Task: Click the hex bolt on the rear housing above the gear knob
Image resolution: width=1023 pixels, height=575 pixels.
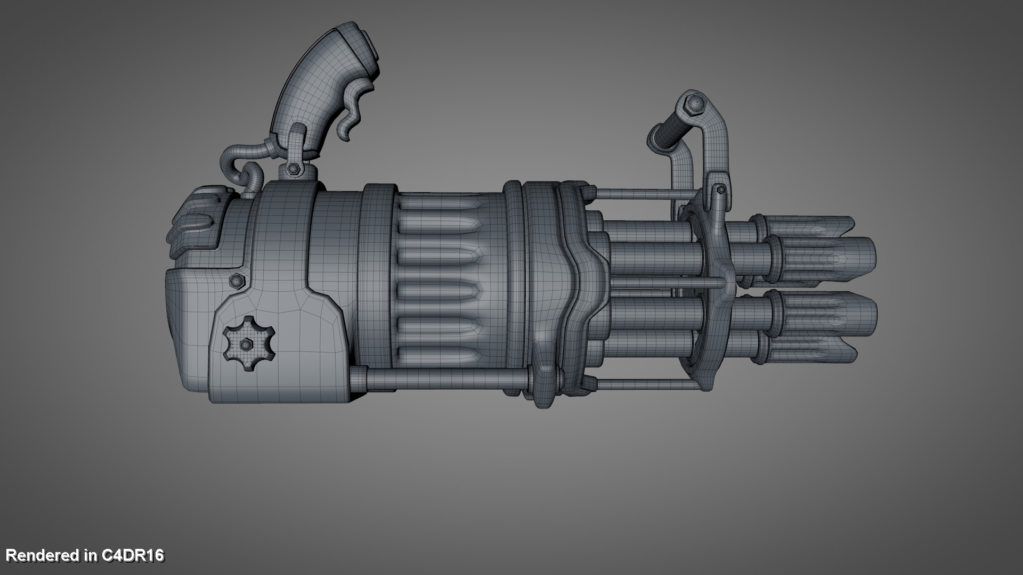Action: (236, 280)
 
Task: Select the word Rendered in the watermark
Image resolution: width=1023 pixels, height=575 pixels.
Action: (43, 555)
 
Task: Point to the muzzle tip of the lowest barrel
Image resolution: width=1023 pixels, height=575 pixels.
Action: (852, 352)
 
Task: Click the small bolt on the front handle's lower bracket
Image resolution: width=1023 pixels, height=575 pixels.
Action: (720, 189)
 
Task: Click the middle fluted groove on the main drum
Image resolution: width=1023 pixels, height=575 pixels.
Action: (440, 290)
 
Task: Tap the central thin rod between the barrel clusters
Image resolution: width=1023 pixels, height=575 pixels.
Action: (666, 283)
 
